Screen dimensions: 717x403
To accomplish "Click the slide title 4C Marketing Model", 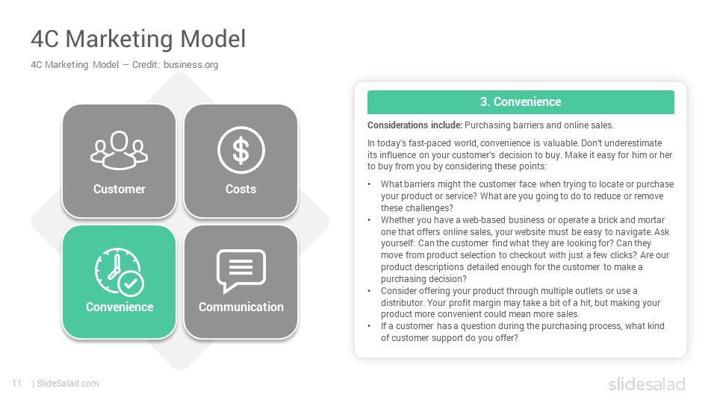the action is pyautogui.click(x=138, y=39).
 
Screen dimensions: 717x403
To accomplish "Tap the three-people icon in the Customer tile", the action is pyautogui.click(x=119, y=150).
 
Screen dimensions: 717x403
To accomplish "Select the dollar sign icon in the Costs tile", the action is pyautogui.click(x=241, y=150).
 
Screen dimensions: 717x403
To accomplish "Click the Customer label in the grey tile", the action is pyautogui.click(x=119, y=189).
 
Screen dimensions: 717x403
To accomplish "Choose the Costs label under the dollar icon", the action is pyautogui.click(x=241, y=189).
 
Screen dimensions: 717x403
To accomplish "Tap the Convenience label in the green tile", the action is pyautogui.click(x=119, y=307).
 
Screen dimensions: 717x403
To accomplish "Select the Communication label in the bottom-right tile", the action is pyautogui.click(x=241, y=307).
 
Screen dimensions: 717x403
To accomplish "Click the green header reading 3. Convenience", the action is pyautogui.click(x=521, y=102).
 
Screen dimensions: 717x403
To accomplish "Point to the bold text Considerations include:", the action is pyautogui.click(x=415, y=125).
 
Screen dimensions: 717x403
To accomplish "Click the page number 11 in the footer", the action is pyautogui.click(x=17, y=384).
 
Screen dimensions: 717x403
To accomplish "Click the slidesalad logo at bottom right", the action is pyautogui.click(x=647, y=384).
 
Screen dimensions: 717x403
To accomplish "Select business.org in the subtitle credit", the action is pyautogui.click(x=190, y=65).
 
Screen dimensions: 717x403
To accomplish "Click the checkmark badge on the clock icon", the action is pyautogui.click(x=131, y=284).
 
